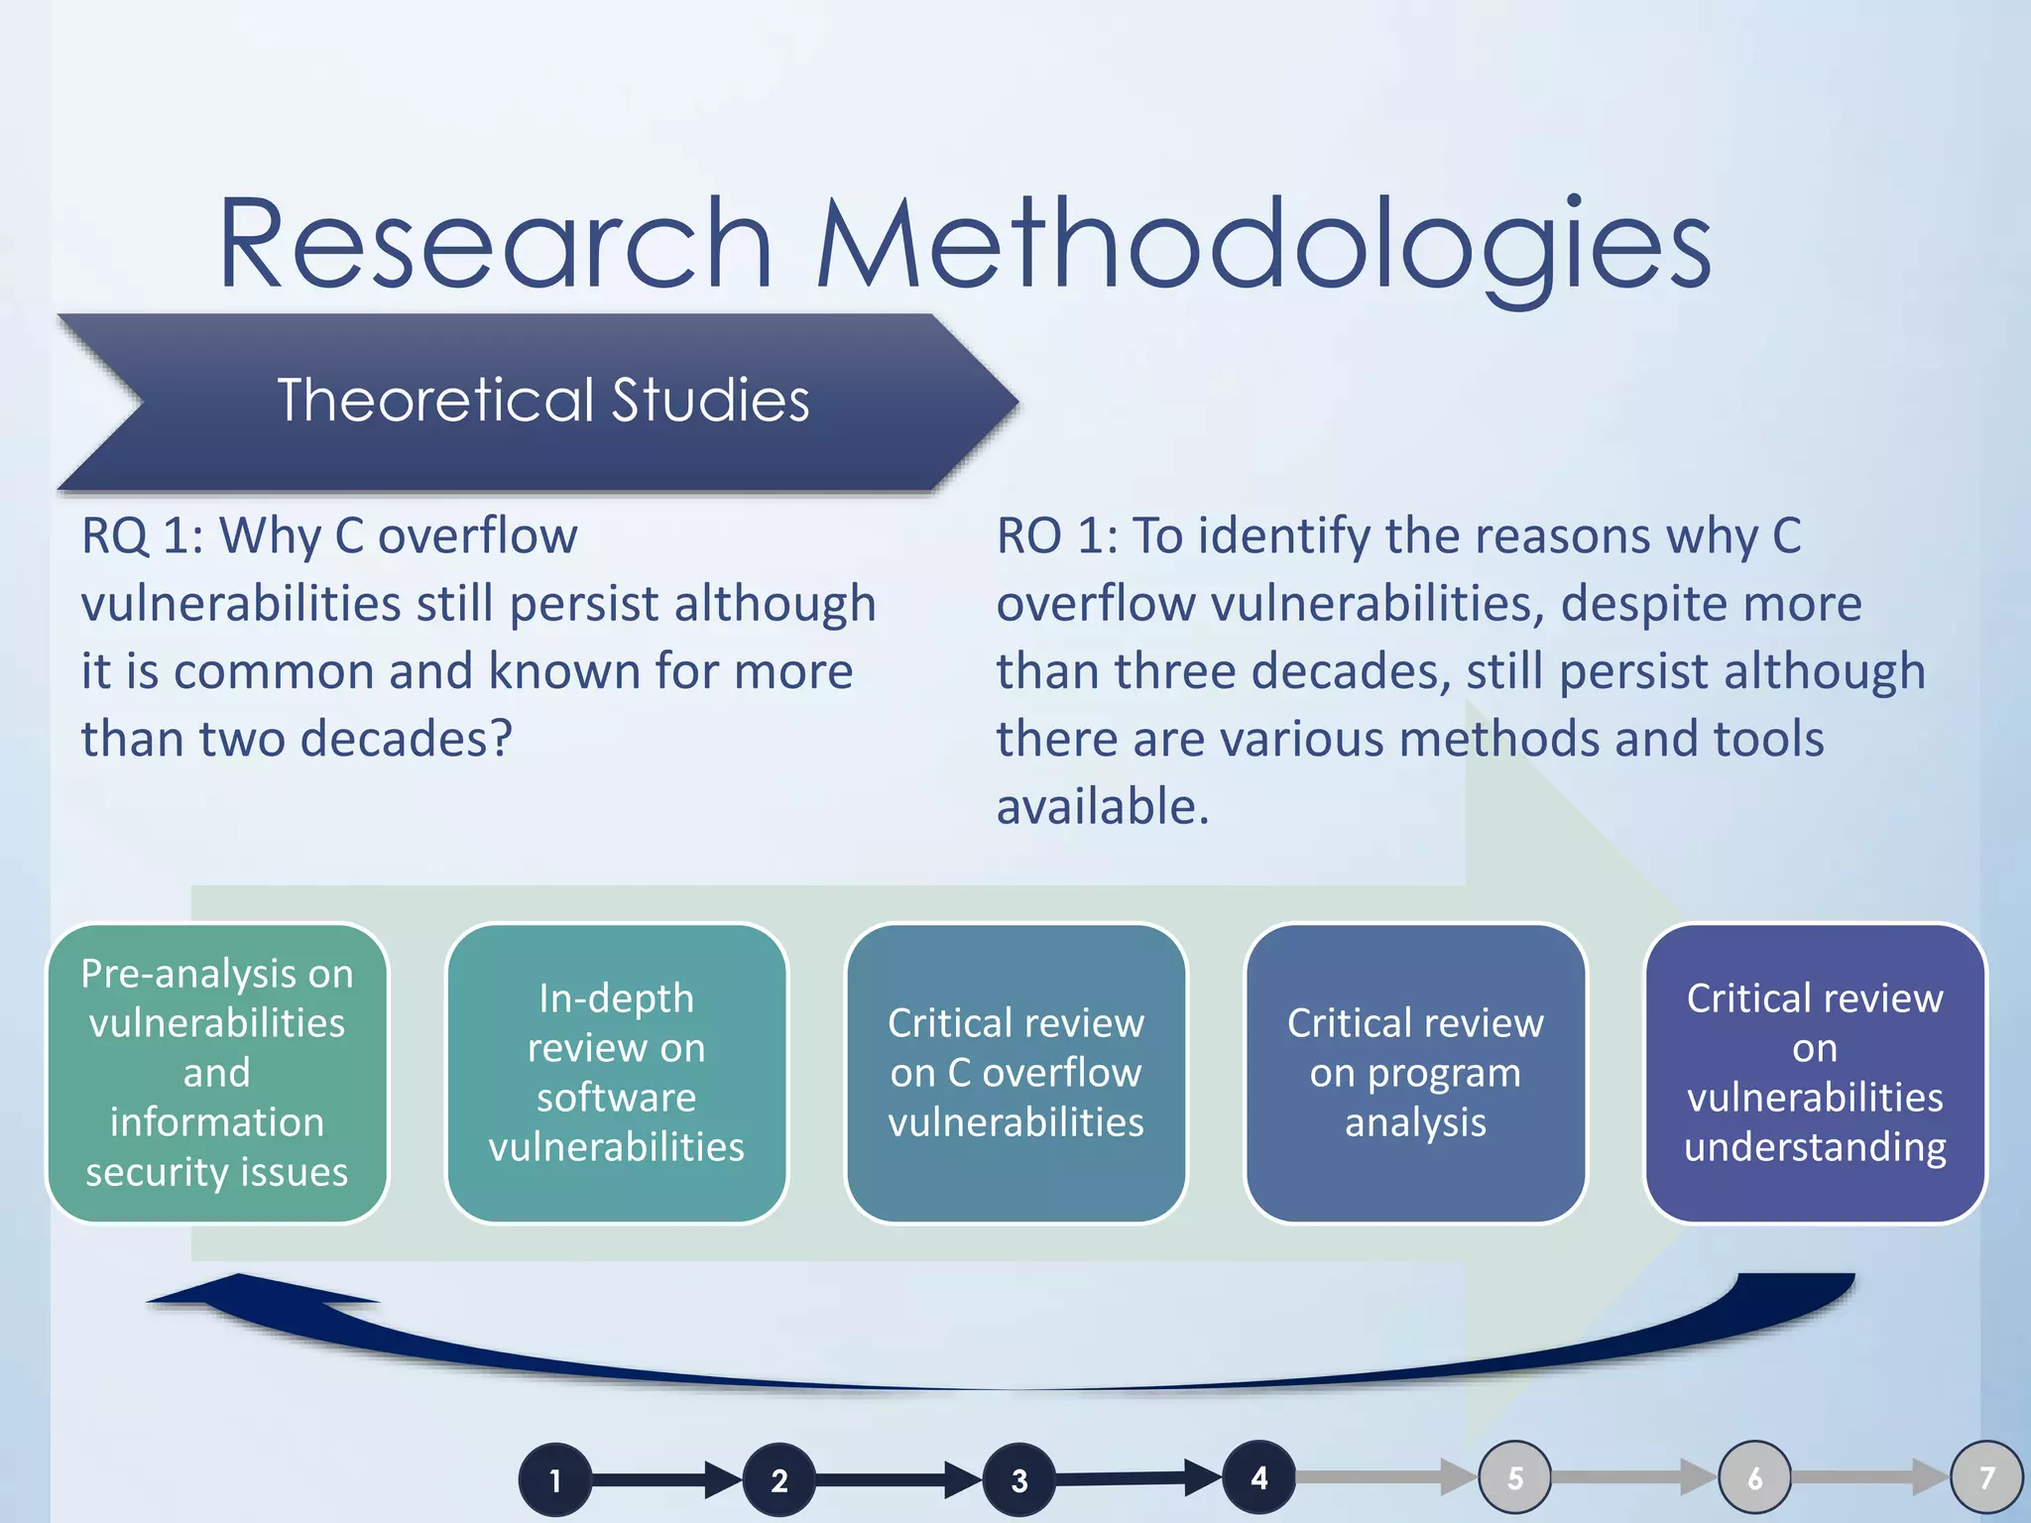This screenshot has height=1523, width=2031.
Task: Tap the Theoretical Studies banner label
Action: tap(542, 401)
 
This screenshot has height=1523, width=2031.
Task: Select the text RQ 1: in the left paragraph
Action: tap(142, 536)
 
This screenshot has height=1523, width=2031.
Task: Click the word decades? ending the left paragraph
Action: tap(407, 739)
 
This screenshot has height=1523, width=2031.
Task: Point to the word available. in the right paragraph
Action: tap(1102, 806)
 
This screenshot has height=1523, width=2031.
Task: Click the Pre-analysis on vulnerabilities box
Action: tap(217, 1073)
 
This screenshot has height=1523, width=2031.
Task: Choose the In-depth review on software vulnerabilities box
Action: tap(616, 1073)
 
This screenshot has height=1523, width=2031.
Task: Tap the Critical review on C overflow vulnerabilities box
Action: tap(1015, 1073)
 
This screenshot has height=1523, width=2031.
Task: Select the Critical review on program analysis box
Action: tap(1415, 1073)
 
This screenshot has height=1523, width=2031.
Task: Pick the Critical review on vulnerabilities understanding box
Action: tap(1815, 1073)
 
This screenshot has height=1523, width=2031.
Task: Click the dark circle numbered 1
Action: tap(555, 1480)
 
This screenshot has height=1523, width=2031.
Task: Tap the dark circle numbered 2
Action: tap(779, 1480)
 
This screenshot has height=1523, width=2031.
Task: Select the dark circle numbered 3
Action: tap(1019, 1480)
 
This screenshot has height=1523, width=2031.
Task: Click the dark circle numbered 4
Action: tap(1259, 1477)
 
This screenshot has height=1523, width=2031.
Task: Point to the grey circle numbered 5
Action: tap(1515, 1478)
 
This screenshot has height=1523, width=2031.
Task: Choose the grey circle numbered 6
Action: tap(1755, 1478)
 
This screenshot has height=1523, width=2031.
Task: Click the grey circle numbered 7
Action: tap(1986, 1478)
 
